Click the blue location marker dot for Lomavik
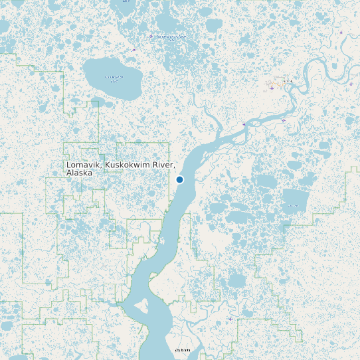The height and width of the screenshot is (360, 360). (x=179, y=179)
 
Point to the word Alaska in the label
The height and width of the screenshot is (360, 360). (x=79, y=173)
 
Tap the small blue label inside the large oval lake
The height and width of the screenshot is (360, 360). (x=114, y=77)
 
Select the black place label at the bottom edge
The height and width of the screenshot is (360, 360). (x=182, y=349)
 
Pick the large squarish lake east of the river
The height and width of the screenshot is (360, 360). (x=296, y=200)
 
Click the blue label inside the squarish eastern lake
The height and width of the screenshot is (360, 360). (x=293, y=206)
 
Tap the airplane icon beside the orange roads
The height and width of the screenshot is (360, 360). (x=272, y=88)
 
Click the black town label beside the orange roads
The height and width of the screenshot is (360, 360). (x=287, y=81)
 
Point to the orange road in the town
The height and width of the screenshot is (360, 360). (x=274, y=84)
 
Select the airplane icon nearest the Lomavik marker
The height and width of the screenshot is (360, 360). (x=244, y=124)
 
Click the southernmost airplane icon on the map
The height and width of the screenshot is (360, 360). (x=230, y=319)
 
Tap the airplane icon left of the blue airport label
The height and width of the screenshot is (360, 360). (x=151, y=36)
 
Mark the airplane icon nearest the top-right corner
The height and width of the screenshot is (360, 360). (x=341, y=32)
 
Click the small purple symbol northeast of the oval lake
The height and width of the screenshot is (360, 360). (x=134, y=50)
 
